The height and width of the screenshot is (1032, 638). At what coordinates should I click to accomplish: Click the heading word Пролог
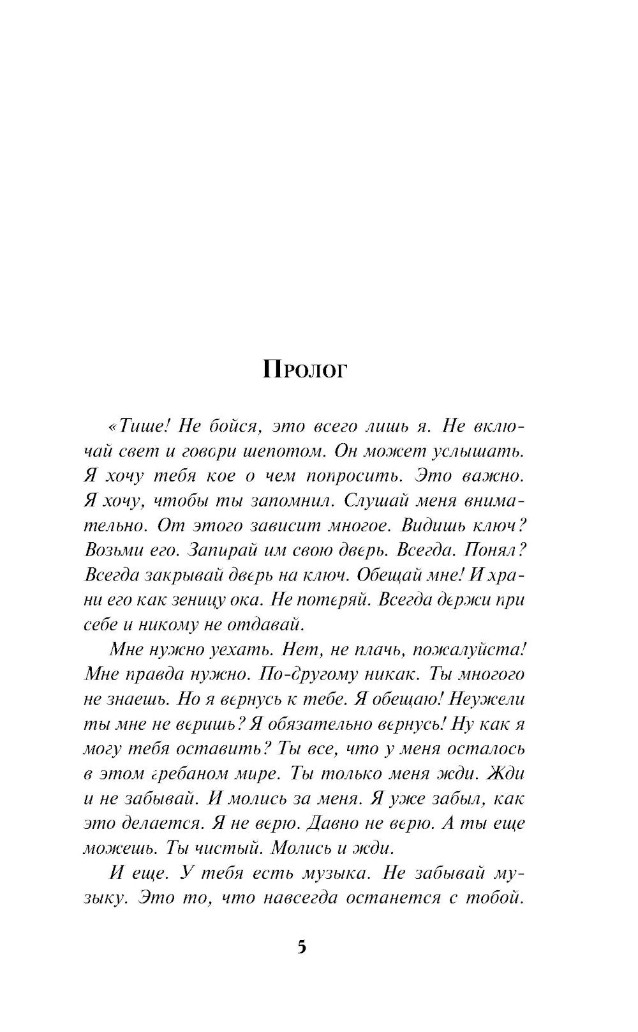coord(304,370)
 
